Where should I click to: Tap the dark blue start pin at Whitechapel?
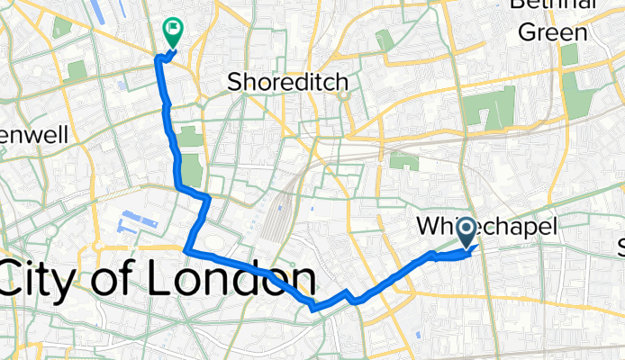468,234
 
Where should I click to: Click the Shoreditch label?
287,82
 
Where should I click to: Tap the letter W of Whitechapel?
431,229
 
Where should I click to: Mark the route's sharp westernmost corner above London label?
186,250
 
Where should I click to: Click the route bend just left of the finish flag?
160,58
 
